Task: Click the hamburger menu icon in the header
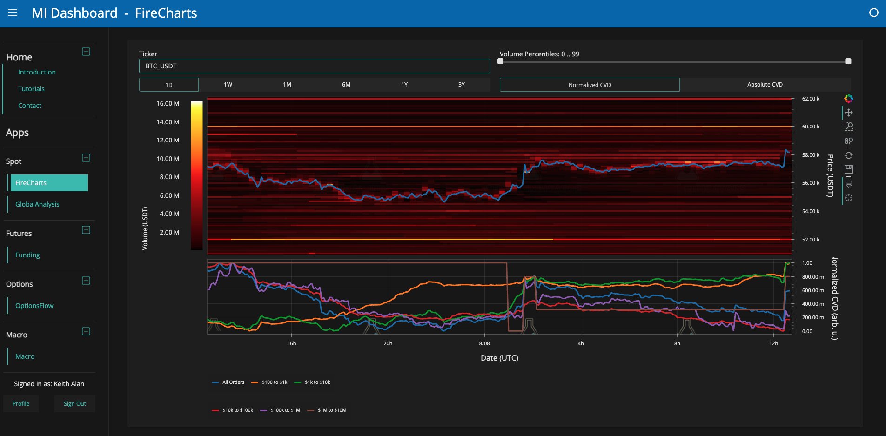coord(13,13)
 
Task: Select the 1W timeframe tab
coord(228,85)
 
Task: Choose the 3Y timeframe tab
coord(462,85)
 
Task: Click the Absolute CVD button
coord(765,85)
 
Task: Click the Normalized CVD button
coord(590,85)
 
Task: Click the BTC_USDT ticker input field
coord(315,66)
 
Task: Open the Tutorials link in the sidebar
coord(31,89)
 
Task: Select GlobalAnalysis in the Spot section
coord(37,204)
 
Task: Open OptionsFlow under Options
coord(34,306)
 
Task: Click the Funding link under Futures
coord(27,255)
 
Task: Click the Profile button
coord(21,404)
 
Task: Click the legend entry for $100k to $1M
coord(280,410)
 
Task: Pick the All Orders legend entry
coord(228,382)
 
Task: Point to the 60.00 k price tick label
coord(811,127)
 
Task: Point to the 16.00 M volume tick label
coord(168,103)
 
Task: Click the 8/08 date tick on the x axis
coord(484,343)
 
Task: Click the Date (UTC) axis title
coord(499,358)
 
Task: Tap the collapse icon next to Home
coord(86,52)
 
